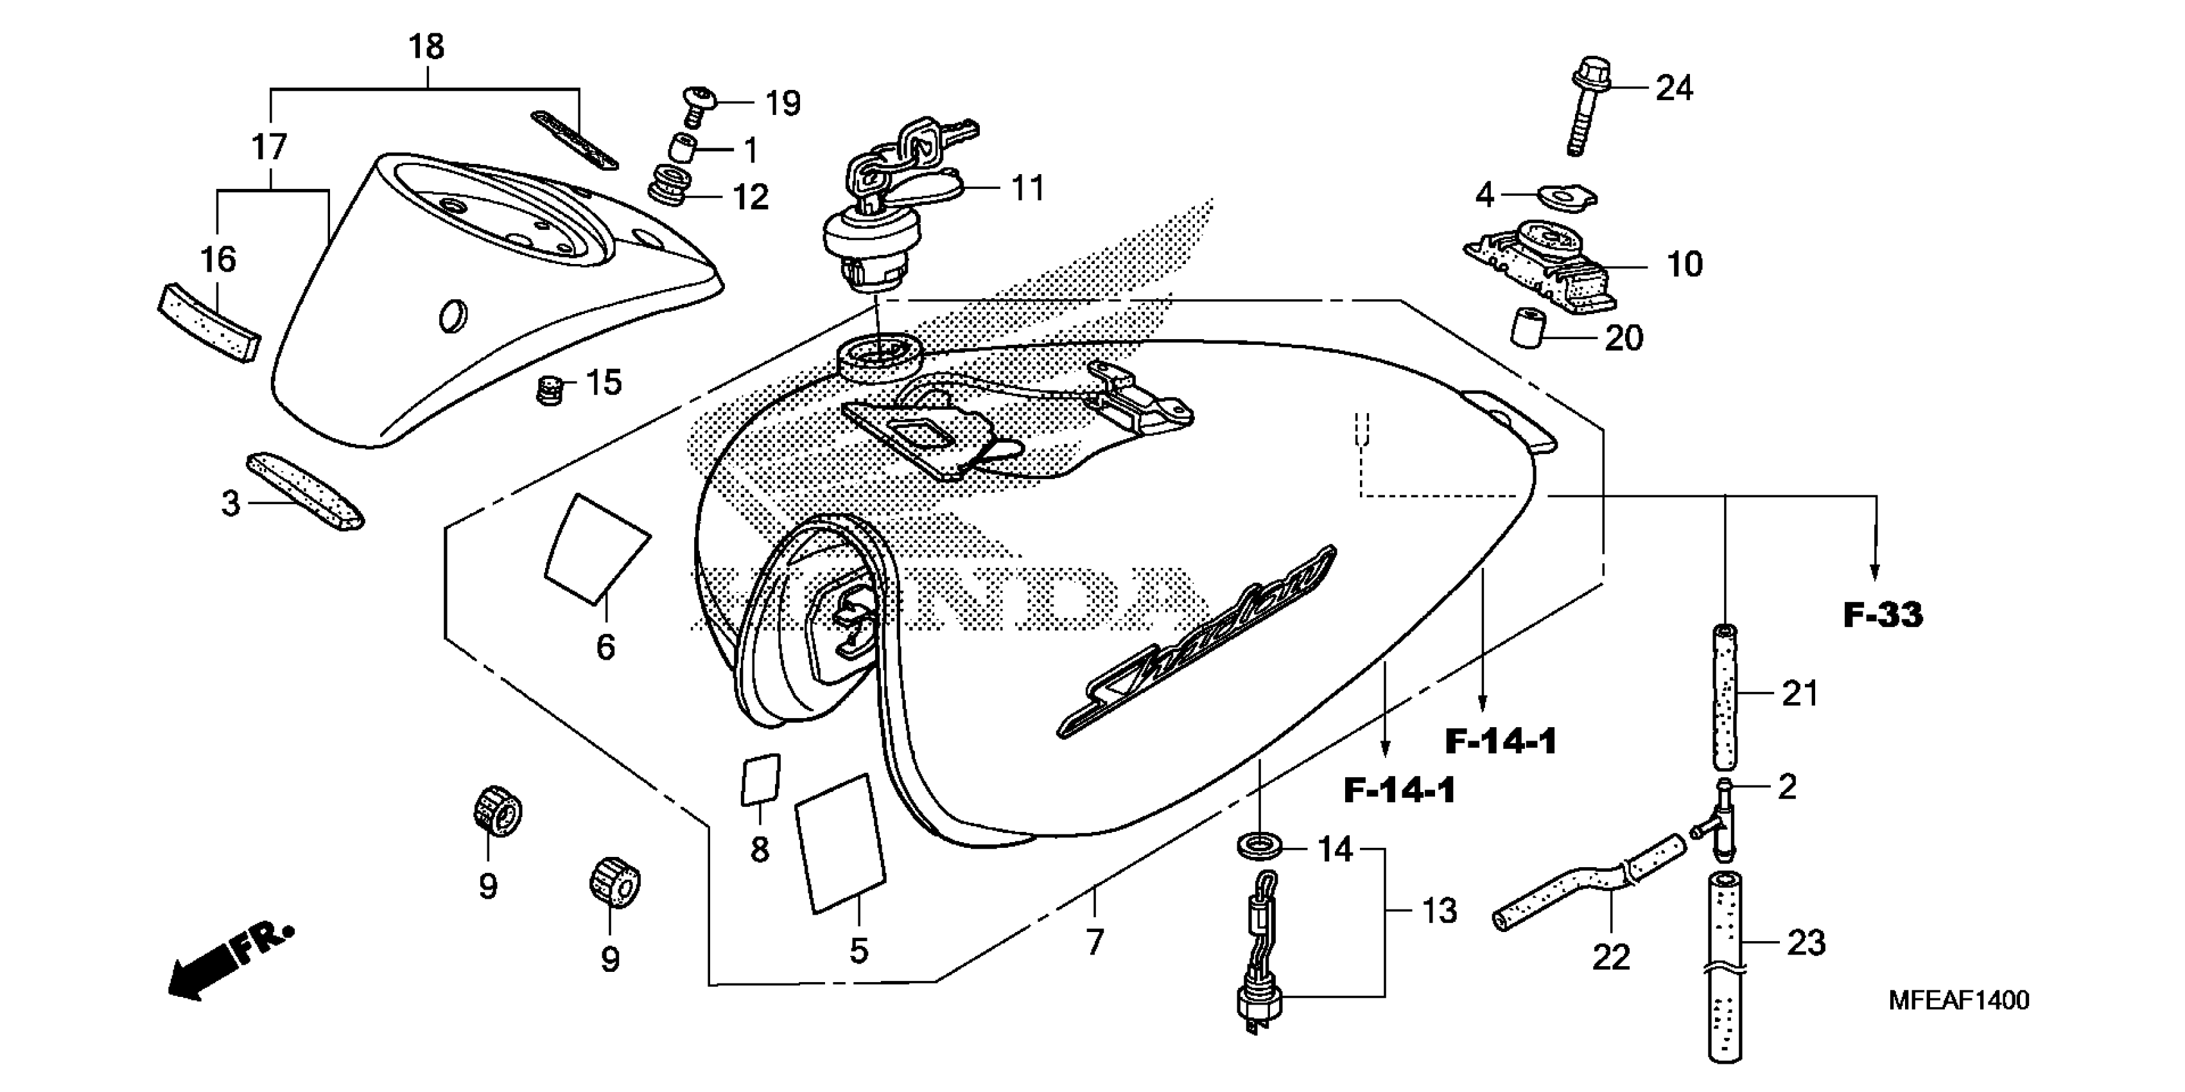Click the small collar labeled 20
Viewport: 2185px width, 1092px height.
click(1528, 328)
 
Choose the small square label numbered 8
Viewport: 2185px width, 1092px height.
click(761, 778)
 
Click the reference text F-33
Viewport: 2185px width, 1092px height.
click(1883, 615)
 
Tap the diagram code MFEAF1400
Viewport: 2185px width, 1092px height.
click(1958, 1000)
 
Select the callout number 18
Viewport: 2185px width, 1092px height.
click(426, 48)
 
